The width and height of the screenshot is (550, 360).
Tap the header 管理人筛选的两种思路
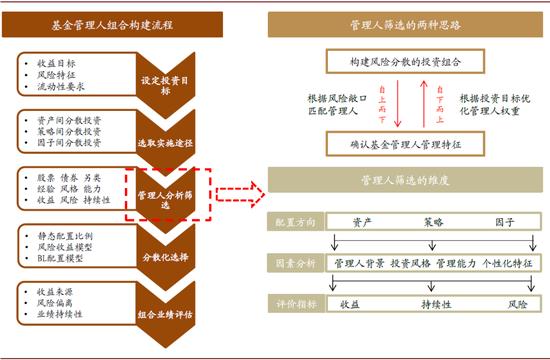pyautogui.click(x=407, y=24)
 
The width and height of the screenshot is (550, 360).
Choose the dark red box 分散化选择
pyautogui.click(x=162, y=257)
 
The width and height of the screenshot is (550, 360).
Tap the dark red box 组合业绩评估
pyautogui.click(x=162, y=311)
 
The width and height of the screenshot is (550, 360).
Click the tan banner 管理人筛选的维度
pyautogui.click(x=407, y=184)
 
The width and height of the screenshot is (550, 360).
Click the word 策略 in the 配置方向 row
pyautogui.click(x=433, y=222)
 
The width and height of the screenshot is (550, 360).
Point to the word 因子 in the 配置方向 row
pyautogui.click(x=505, y=222)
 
